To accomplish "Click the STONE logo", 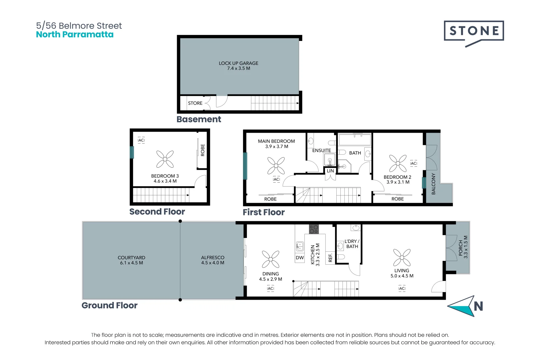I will point(474,31).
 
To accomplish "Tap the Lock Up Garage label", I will point(238,63).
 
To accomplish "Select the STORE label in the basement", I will point(195,103).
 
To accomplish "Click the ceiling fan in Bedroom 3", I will point(165,159).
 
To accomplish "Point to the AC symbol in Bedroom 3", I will point(141,140).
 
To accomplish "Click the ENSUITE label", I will point(321,151).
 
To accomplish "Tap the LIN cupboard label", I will point(330,171).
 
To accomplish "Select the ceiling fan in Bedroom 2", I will point(398,163).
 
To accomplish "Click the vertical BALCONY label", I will point(433,184).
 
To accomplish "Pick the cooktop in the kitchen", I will point(314,229).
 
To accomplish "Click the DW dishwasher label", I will point(300,258).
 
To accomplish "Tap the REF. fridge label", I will point(330,258).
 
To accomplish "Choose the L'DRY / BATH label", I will point(352,244).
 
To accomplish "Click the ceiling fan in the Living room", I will point(402,258).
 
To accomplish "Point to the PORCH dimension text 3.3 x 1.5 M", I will point(466,247).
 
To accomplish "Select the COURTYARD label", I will point(131,258).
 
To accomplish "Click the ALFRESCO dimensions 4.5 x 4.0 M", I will point(213,263).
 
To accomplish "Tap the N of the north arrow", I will point(478,306).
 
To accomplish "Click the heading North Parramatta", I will point(75,35).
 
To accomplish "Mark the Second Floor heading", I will point(157,212).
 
